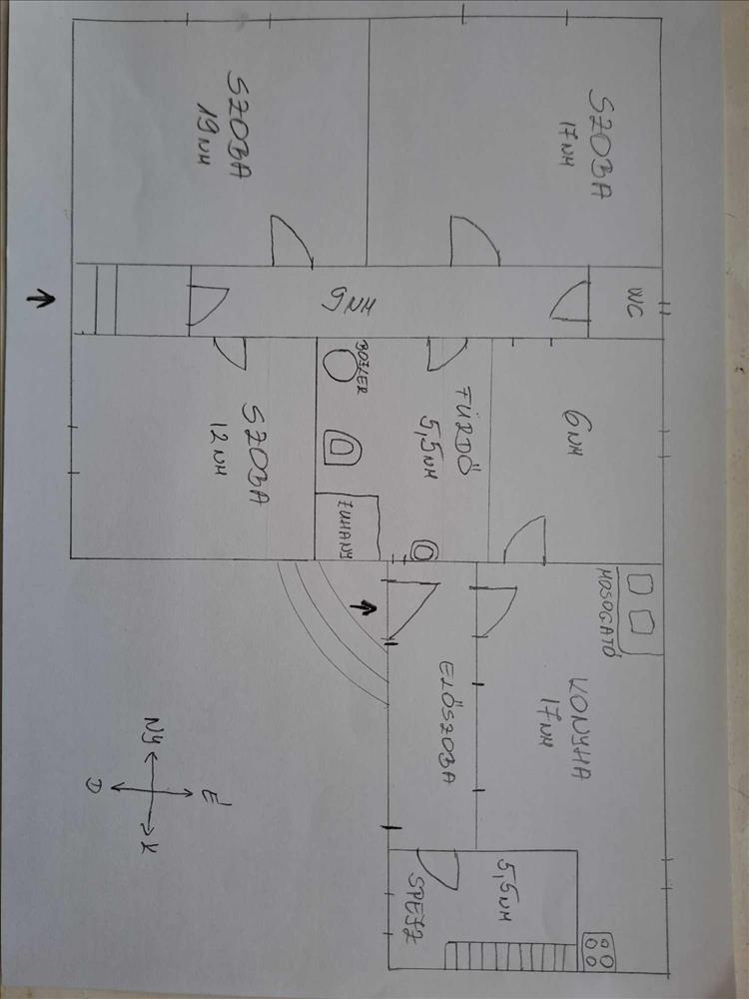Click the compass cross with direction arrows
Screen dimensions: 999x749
click(x=152, y=789)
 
